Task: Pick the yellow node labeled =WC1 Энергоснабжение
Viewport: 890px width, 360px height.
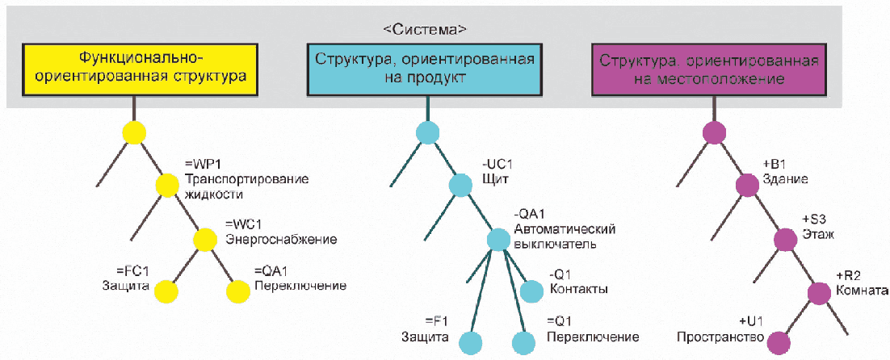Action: tap(206, 238)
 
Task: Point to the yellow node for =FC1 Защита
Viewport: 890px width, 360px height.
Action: tap(166, 291)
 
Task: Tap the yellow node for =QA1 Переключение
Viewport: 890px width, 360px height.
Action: tap(238, 291)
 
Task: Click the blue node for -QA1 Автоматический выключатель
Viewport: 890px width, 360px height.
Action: tap(499, 239)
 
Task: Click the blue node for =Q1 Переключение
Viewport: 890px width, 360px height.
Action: tap(524, 343)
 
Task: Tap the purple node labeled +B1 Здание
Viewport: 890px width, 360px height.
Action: tap(747, 185)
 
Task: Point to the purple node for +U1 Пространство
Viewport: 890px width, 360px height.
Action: tap(778, 343)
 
